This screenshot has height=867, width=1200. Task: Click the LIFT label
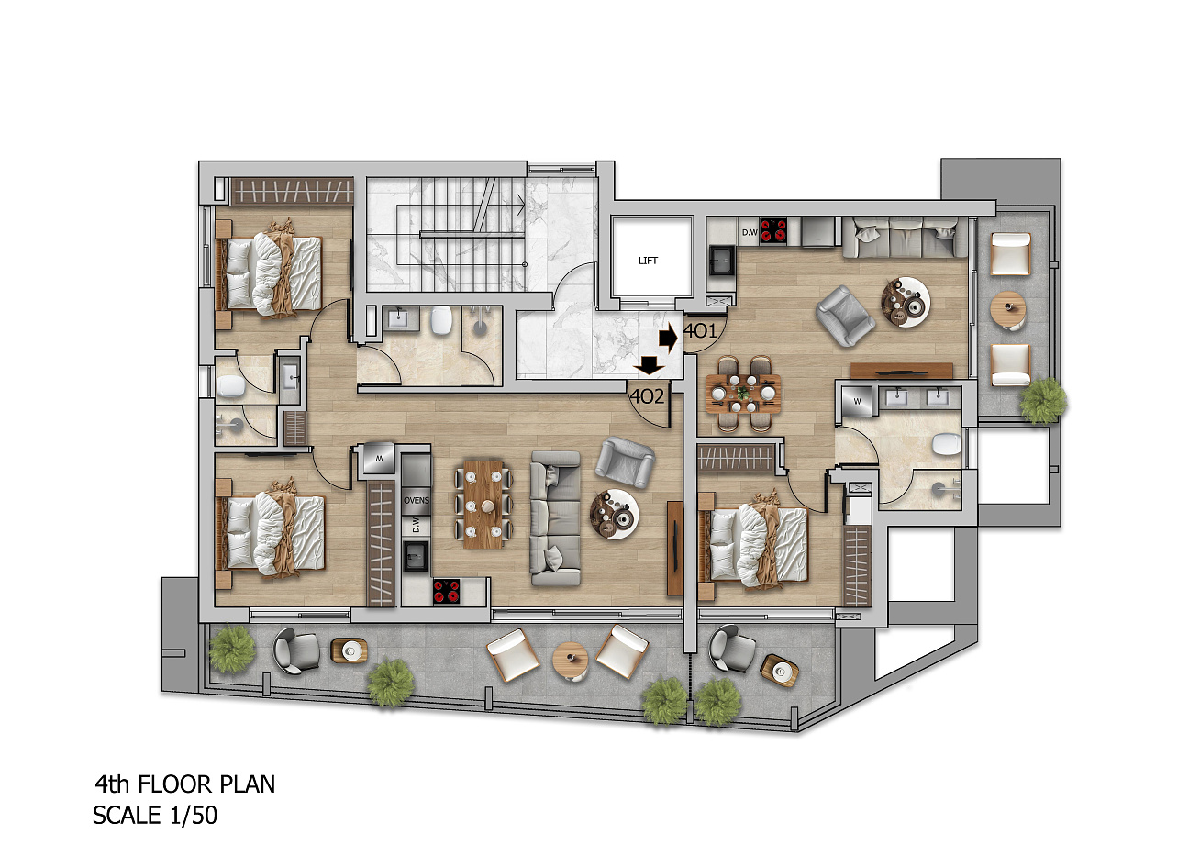pos(648,261)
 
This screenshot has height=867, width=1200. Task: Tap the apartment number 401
pos(700,331)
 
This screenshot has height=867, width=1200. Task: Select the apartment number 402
pos(647,396)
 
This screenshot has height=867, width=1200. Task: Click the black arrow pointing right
pos(668,338)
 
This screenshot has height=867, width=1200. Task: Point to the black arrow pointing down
pos(649,366)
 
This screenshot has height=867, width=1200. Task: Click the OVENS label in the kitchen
pos(417,501)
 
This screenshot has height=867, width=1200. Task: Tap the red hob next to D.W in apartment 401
pos(773,231)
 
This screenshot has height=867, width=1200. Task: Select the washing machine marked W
pos(857,401)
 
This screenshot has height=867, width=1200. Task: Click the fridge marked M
pos(379,459)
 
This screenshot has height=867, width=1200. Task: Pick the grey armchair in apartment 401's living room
pos(845,317)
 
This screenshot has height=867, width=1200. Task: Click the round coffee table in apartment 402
pos(614,514)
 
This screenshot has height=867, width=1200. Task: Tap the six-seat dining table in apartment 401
pos(743,394)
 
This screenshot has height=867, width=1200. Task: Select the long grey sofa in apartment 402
pos(556,518)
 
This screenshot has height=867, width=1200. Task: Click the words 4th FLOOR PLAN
pos(185,784)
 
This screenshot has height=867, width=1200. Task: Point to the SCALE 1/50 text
pos(155,816)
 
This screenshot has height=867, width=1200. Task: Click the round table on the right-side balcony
pos(1007,309)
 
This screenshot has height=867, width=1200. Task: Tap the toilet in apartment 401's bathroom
pos(947,444)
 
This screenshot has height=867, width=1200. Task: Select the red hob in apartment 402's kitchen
pos(447,592)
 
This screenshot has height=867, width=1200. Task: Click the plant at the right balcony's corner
pos(1043,401)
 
